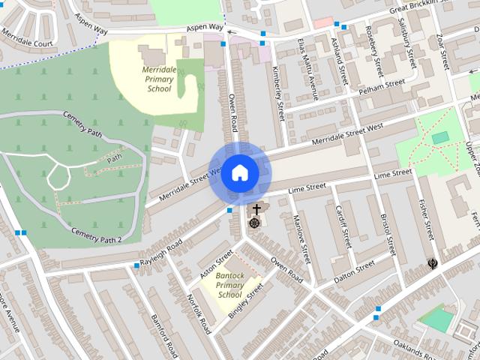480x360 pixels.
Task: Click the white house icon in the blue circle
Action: click(x=239, y=172)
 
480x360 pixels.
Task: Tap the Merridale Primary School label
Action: click(x=159, y=79)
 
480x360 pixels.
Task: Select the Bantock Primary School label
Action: click(x=229, y=285)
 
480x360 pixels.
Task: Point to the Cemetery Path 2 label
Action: click(x=96, y=235)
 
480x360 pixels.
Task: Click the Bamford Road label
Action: click(x=163, y=333)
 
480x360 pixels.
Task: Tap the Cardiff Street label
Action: click(x=343, y=228)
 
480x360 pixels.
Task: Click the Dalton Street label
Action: click(x=354, y=270)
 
